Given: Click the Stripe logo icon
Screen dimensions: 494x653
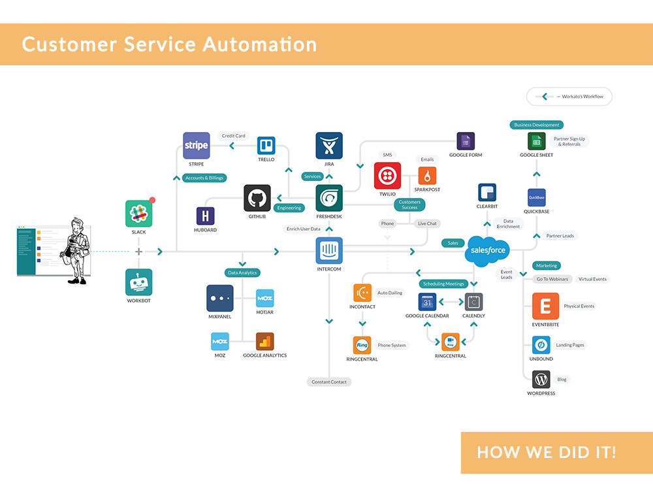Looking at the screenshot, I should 196,145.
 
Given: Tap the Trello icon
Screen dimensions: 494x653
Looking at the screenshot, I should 266,145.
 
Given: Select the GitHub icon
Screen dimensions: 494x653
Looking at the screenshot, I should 257,198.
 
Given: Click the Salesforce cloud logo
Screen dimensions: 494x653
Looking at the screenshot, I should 486,251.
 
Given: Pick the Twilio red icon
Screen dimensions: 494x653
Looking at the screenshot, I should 387,176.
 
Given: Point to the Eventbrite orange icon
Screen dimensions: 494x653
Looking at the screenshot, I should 545,306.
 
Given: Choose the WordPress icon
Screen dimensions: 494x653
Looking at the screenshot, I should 541,379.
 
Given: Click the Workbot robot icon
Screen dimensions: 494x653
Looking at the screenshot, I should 138,282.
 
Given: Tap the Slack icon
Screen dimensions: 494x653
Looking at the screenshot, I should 138,213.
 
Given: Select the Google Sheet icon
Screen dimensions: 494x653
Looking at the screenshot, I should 536,141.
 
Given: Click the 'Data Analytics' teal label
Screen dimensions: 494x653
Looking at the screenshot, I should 242,272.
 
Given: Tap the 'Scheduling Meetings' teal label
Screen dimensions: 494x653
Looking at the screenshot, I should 444,284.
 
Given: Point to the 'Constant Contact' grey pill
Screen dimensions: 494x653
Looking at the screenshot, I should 329,382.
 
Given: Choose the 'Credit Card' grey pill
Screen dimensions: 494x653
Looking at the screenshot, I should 233,136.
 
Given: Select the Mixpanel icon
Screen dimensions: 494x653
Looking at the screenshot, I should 219,298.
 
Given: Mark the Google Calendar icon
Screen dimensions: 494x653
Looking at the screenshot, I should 427,302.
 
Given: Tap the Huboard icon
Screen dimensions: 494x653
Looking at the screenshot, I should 205,216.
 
